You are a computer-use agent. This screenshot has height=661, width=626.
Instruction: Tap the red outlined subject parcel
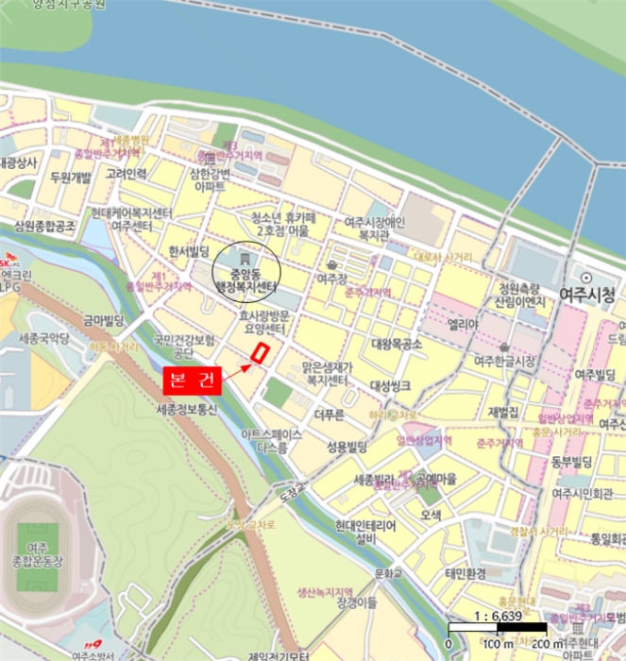click(x=257, y=353)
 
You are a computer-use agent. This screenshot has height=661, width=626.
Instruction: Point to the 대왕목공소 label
click(x=397, y=344)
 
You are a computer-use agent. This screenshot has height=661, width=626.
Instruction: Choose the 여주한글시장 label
click(x=504, y=360)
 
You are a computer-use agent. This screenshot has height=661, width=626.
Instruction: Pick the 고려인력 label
click(x=127, y=174)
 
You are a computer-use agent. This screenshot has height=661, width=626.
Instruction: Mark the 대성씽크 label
click(x=390, y=385)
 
